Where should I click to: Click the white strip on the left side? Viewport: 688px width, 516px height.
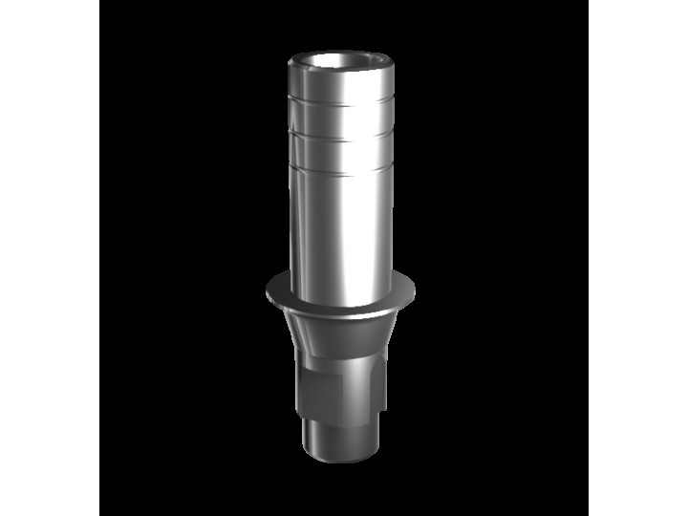50,258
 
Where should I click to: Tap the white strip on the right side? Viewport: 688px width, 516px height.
637,258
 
